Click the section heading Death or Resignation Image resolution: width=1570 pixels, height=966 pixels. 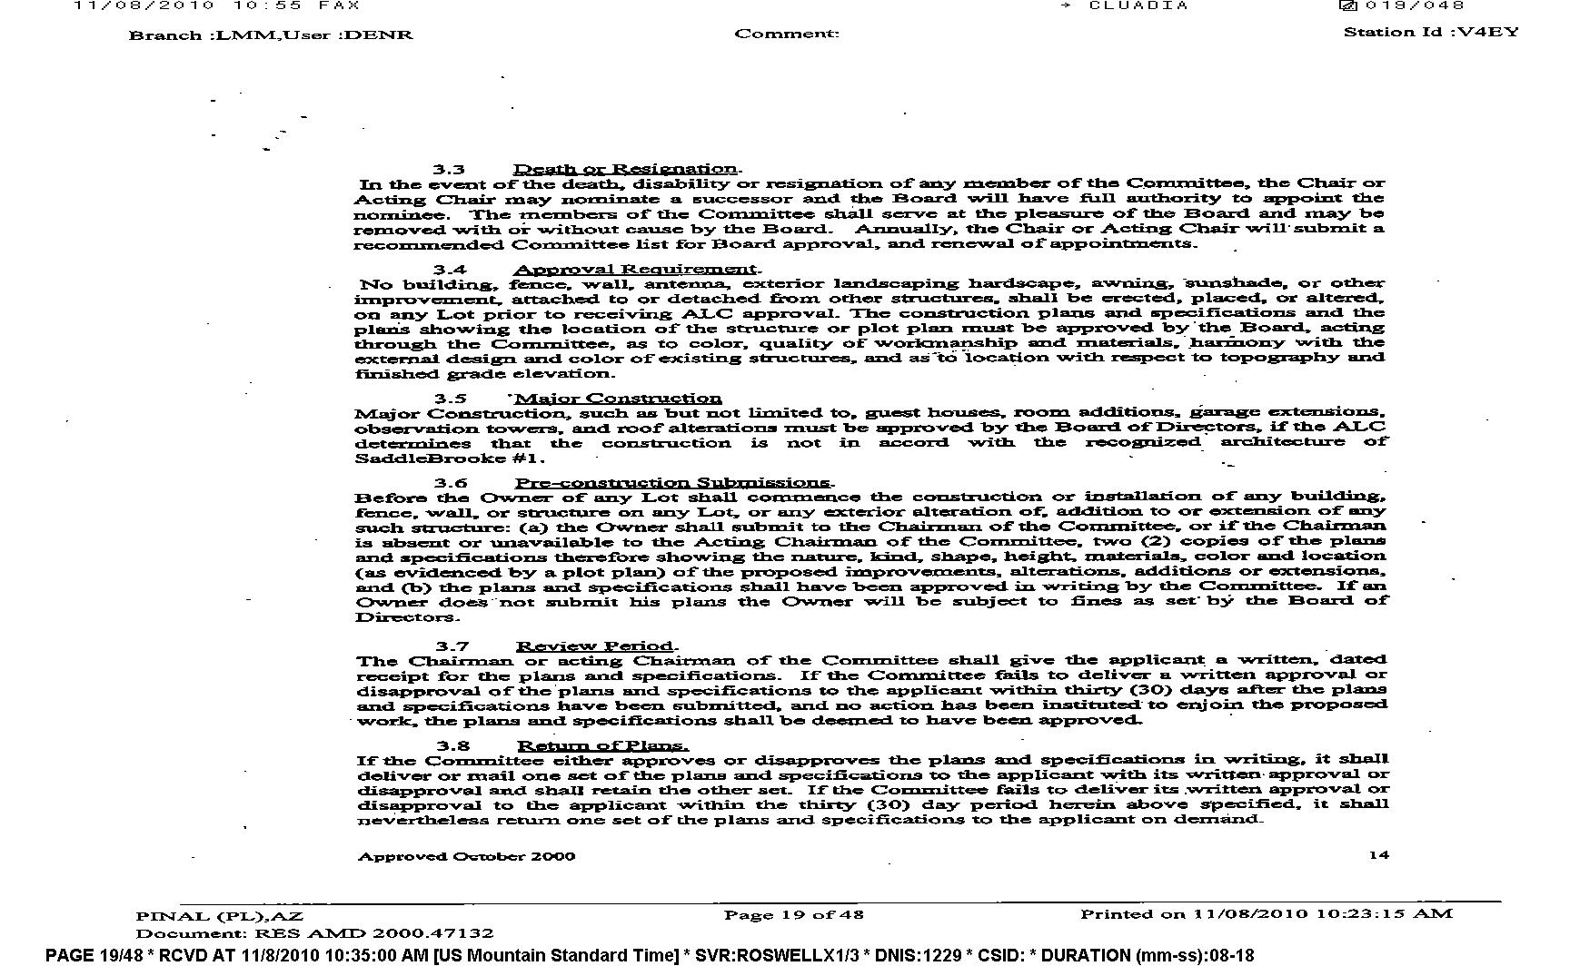pyautogui.click(x=625, y=169)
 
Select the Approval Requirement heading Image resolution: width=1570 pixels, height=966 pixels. pyautogui.click(x=634, y=269)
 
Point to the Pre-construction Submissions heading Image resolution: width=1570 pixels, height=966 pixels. pyautogui.click(x=672, y=483)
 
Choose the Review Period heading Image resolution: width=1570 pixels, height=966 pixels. pyautogui.click(x=595, y=646)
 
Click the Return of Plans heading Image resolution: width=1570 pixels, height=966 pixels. pyautogui.click(x=601, y=746)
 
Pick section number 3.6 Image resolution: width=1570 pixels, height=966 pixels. pyautogui.click(x=451, y=483)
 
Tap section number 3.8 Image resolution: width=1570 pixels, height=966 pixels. pyautogui.click(x=452, y=746)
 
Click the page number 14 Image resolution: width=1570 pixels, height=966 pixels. pyautogui.click(x=1378, y=854)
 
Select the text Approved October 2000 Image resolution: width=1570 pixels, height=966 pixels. pyautogui.click(x=466, y=856)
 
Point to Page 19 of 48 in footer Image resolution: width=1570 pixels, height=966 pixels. pyautogui.click(x=793, y=915)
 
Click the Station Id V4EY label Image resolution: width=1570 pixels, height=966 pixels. pyautogui.click(x=1431, y=32)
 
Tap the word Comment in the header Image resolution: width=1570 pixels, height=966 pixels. pyautogui.click(x=786, y=34)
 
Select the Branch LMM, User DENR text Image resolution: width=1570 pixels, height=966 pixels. pyautogui.click(x=271, y=35)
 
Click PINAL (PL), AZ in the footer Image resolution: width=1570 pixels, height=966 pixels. pyautogui.click(x=219, y=916)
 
